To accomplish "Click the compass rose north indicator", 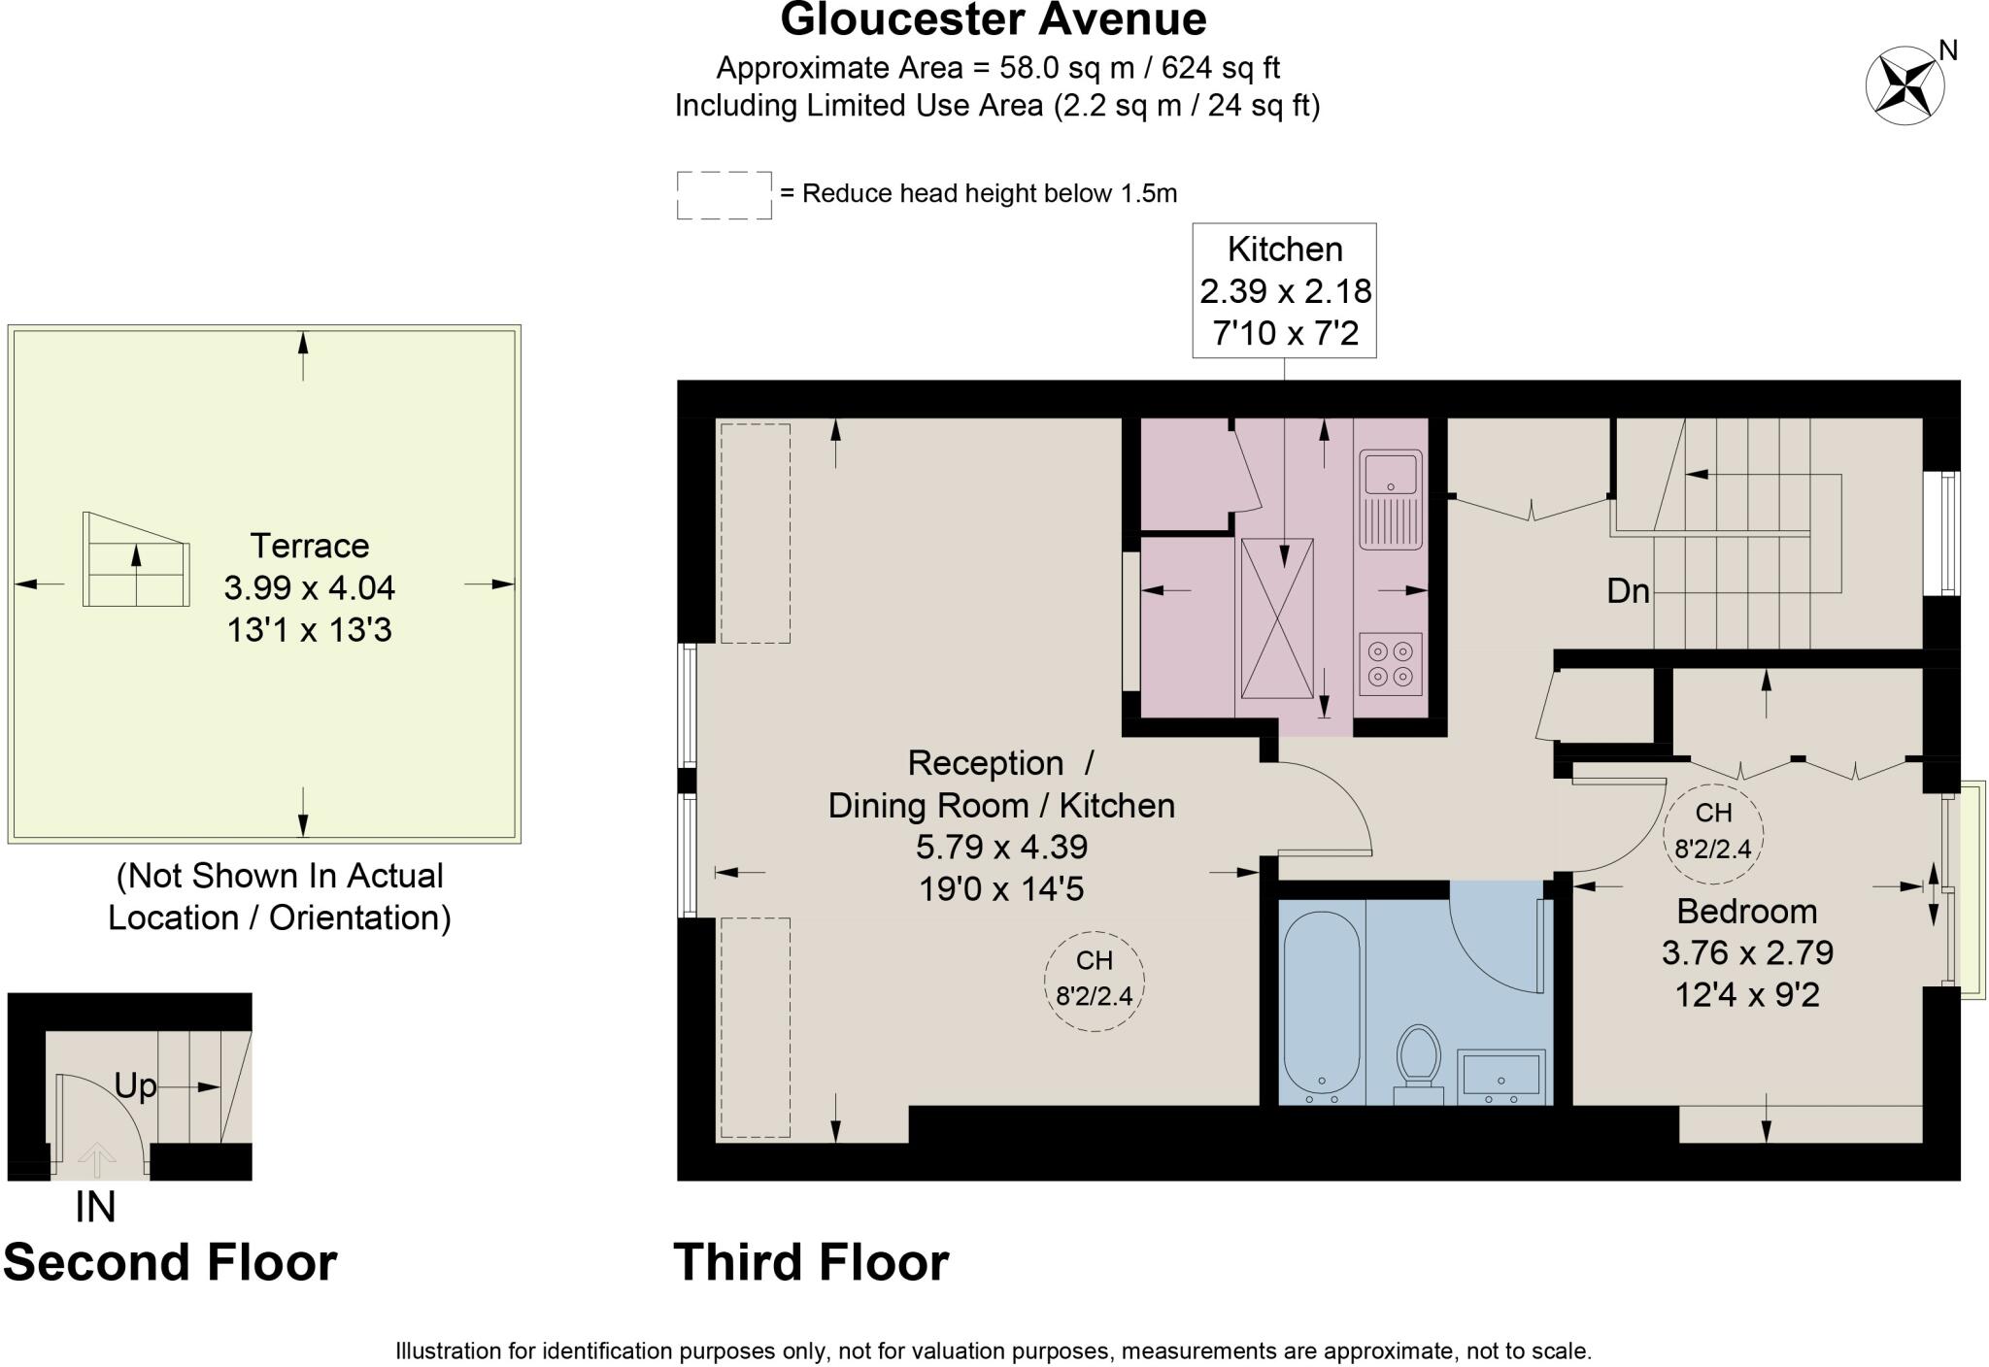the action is [1905, 84].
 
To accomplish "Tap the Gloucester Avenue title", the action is [994, 19].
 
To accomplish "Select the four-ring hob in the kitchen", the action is [1391, 664].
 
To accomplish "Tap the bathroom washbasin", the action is [1500, 1077].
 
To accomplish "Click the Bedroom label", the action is [1747, 911].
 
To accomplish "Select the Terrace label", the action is [310, 546].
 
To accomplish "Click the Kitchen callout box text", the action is [1285, 291].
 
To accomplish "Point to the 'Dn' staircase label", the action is [1629, 590].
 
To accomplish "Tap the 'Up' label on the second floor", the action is [135, 1086].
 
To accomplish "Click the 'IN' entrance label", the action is [95, 1207].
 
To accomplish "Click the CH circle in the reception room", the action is [1095, 981].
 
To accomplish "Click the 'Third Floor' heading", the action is [811, 1262].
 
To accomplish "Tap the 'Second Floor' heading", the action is [170, 1262].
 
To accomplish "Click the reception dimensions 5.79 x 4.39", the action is [1001, 847].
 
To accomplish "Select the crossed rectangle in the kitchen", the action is [1277, 618].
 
